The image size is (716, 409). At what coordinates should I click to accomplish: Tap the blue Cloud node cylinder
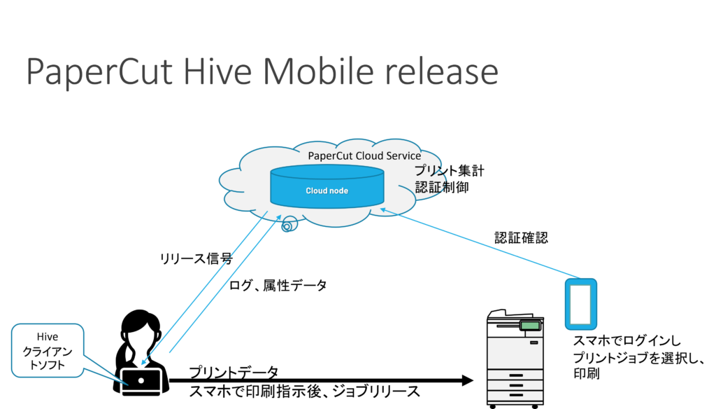[x=327, y=186]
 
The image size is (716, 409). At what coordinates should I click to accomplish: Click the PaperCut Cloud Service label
[x=364, y=155]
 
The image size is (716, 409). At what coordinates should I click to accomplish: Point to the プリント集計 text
[x=450, y=171]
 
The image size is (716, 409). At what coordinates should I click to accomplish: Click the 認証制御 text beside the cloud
[x=442, y=187]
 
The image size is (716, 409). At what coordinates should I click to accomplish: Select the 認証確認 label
[x=521, y=238]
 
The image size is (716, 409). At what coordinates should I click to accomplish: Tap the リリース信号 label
[x=196, y=258]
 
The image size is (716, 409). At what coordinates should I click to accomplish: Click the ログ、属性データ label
[x=278, y=286]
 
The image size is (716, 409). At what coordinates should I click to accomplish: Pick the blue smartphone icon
[x=581, y=304]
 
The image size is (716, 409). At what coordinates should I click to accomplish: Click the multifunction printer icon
[x=515, y=359]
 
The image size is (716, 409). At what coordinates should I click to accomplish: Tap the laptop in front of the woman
[x=141, y=382]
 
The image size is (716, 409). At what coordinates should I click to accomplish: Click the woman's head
[x=139, y=327]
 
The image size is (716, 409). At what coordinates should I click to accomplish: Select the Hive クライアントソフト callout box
[x=48, y=350]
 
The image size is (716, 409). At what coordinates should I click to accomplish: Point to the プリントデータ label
[x=234, y=373]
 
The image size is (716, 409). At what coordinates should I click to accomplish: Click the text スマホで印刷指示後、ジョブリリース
[x=305, y=391]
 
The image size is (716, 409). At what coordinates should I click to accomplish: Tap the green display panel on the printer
[x=530, y=326]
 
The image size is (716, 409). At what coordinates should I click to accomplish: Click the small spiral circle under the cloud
[x=289, y=224]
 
